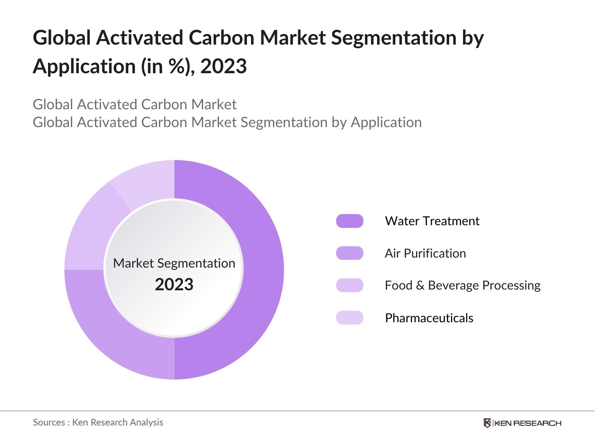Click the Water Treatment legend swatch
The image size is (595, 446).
[x=350, y=221]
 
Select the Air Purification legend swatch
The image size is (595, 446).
[x=350, y=253]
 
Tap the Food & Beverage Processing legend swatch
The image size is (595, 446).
[x=350, y=285]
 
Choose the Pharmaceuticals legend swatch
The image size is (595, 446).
[x=350, y=318]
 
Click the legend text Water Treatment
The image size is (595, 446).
[x=432, y=221]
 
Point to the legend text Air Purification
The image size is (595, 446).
[x=425, y=253]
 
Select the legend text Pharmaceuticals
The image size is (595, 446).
[x=429, y=318]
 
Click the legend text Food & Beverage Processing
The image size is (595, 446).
[x=463, y=285]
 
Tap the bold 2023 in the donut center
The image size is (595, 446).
[x=174, y=285]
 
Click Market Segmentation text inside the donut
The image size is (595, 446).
[x=174, y=263]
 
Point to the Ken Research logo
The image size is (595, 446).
[x=522, y=423]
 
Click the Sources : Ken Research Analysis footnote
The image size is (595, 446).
[x=98, y=422]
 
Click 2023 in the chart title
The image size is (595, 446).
[x=223, y=67]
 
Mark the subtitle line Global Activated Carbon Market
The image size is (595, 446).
[x=135, y=104]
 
